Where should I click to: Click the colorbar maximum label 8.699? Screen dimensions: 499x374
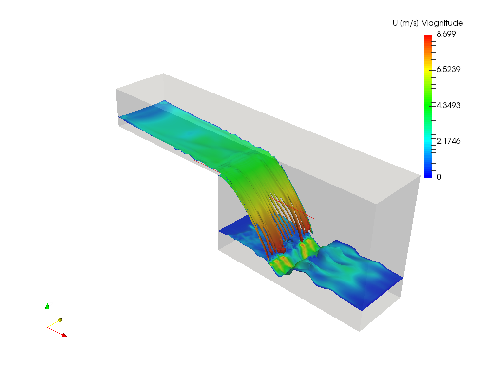pos(446,34)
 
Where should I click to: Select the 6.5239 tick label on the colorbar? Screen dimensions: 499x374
pos(448,69)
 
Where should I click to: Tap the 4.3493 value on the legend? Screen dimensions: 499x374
pos(448,105)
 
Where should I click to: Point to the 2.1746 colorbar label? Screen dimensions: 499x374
pos(448,141)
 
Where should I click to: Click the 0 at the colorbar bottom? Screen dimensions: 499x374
pos(439,177)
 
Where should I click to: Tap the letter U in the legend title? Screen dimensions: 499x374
pos(395,23)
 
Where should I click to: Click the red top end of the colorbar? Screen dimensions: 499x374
pos(428,36)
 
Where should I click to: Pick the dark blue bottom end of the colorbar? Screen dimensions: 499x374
pos(428,175)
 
